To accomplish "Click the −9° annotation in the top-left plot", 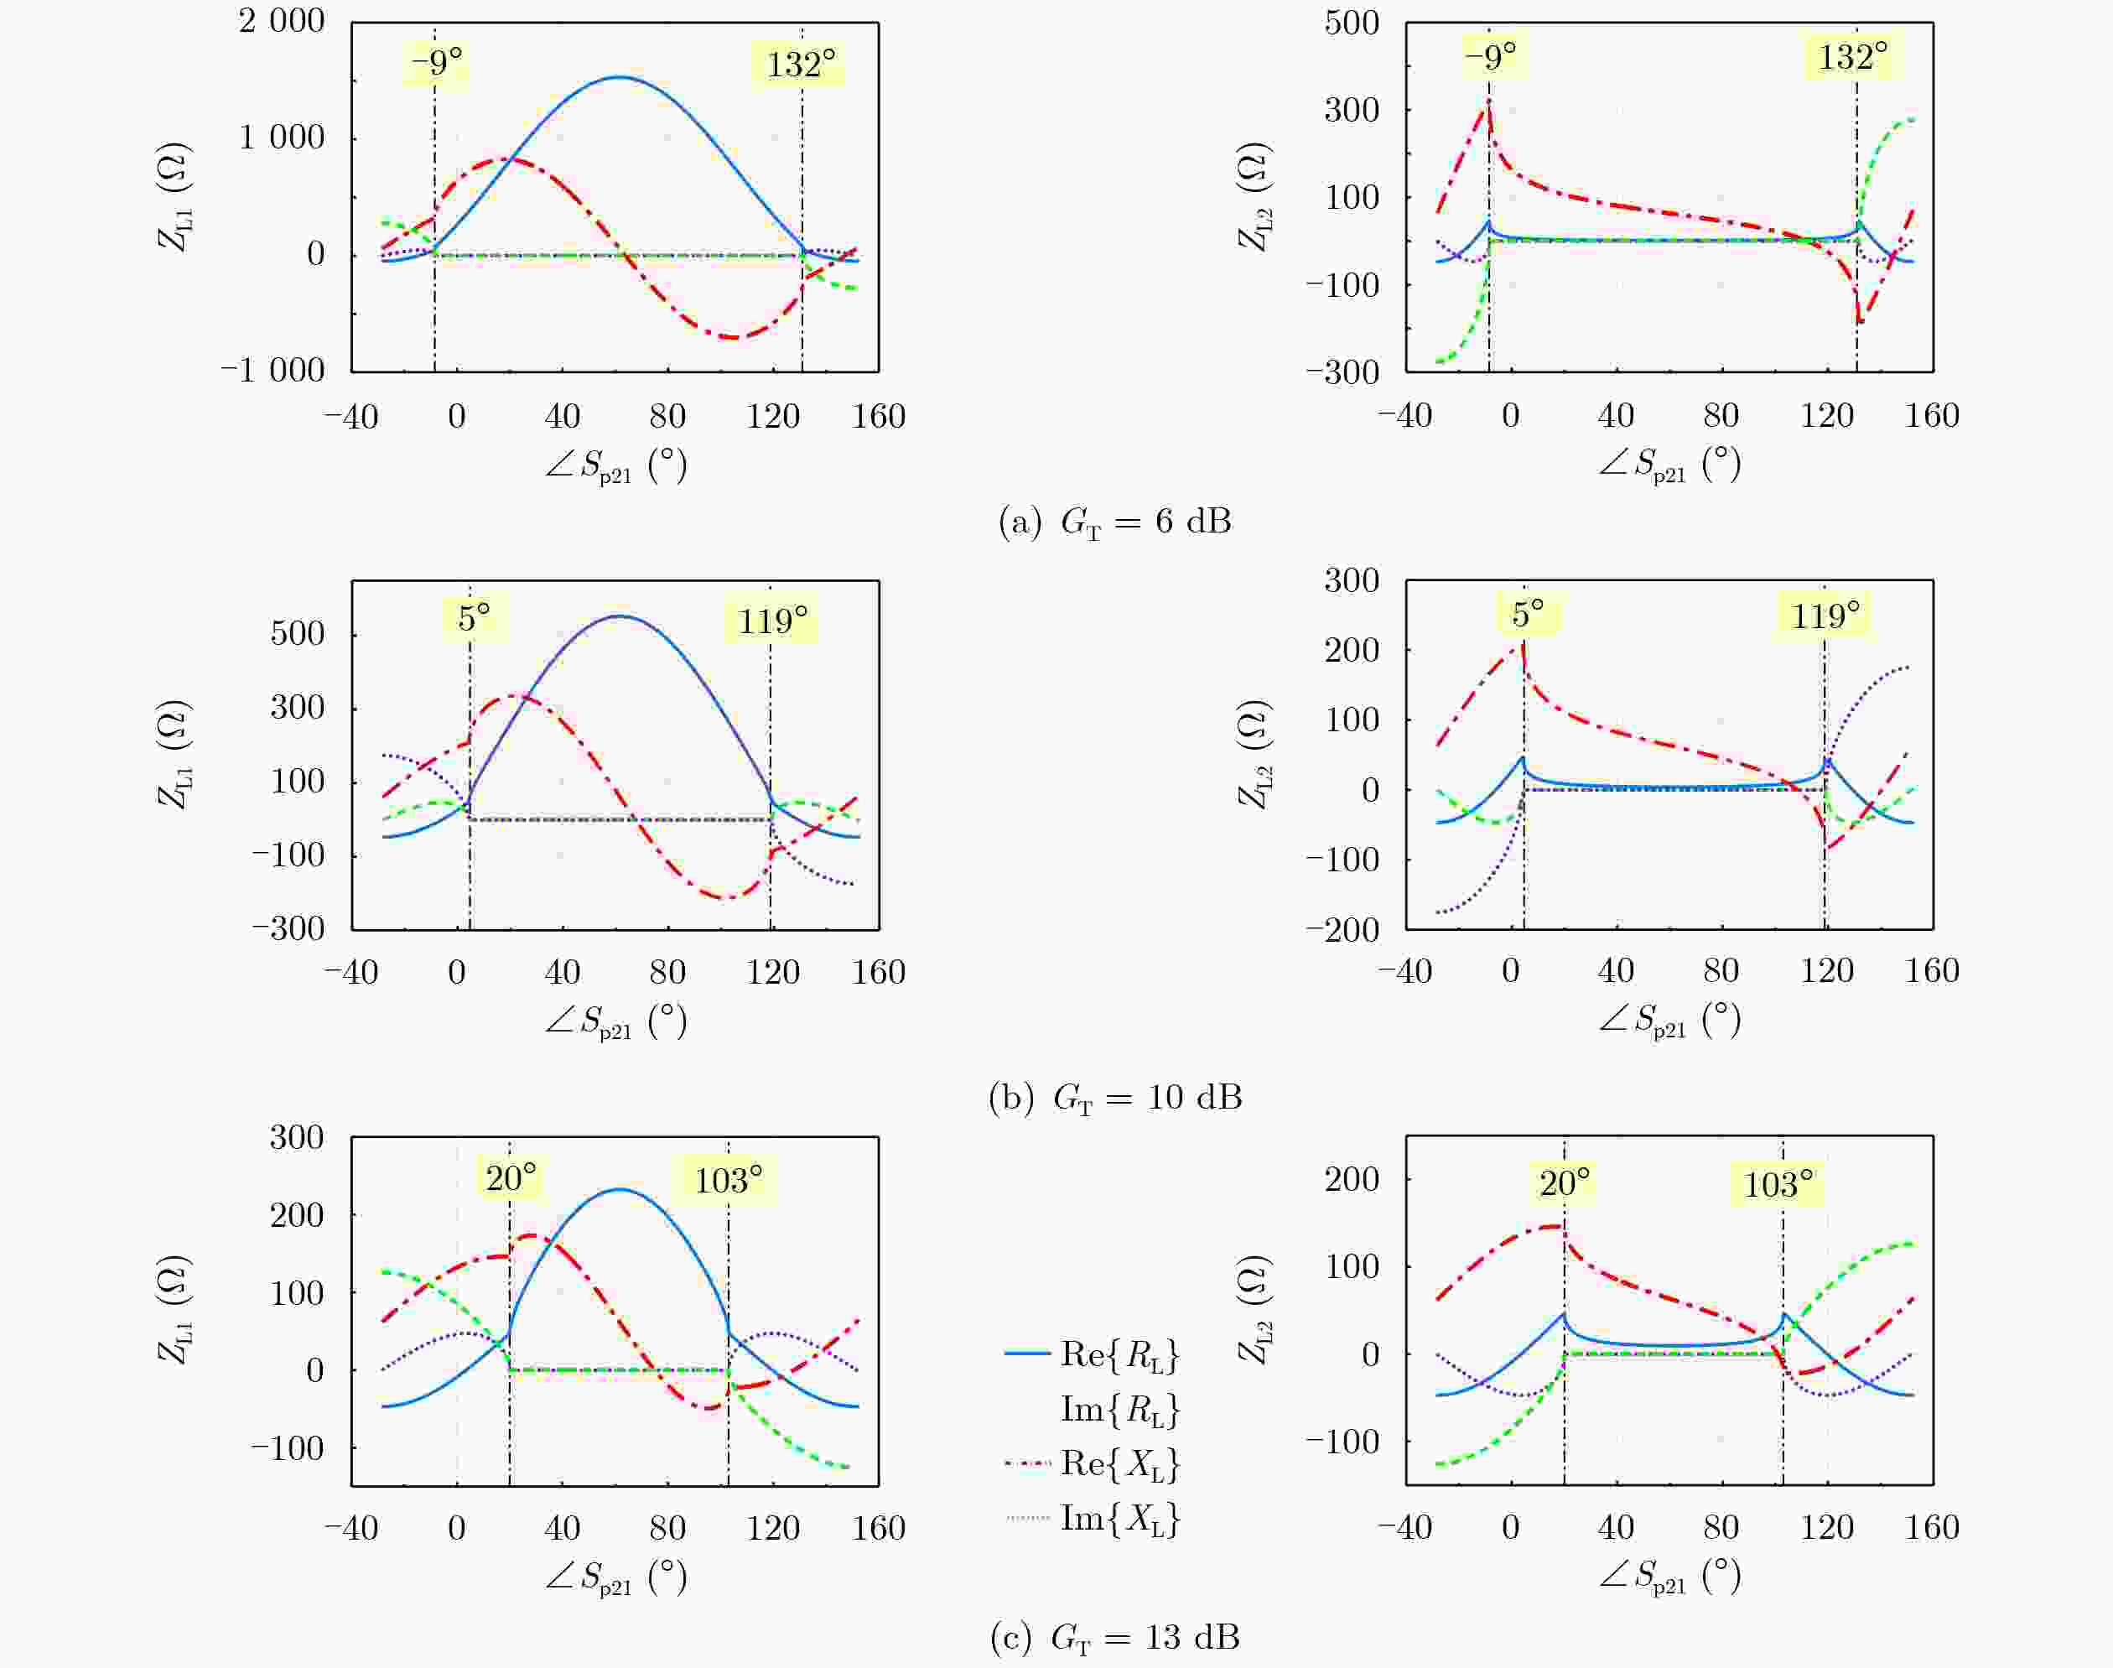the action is click(435, 64).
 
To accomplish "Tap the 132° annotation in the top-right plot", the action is click(1852, 57).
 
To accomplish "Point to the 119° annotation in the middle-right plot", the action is click(1825, 616).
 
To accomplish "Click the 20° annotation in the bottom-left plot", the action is click(511, 1179).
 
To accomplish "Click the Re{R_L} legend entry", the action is click(1093, 1354).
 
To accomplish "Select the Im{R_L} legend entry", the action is click(1121, 1408).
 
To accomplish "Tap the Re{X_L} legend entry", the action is click(1093, 1463).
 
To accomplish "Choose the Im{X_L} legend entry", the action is click(1093, 1518).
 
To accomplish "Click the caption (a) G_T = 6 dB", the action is click(1115, 522).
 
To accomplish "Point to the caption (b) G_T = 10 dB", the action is click(1115, 1098).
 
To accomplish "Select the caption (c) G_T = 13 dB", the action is click(1115, 1637).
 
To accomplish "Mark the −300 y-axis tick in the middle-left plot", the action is click(288, 928).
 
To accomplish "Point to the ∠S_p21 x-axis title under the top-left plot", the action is click(616, 465).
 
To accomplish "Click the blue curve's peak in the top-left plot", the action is click(619, 77).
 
